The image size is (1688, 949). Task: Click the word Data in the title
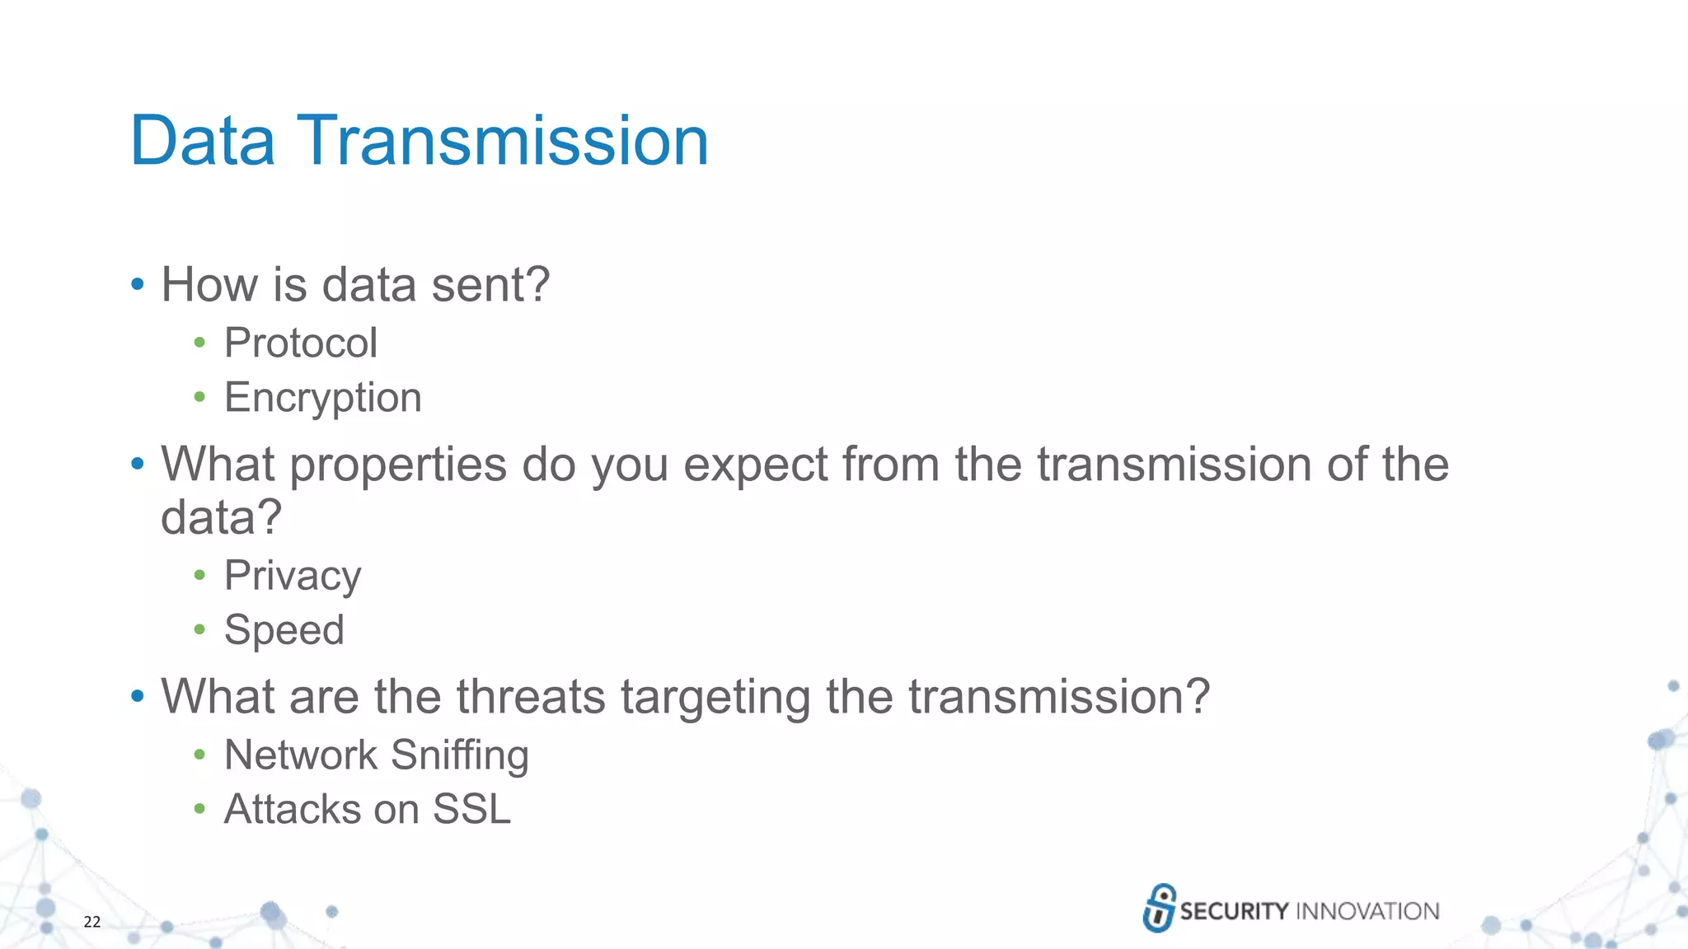[x=202, y=141]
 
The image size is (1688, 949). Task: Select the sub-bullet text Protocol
[x=301, y=343]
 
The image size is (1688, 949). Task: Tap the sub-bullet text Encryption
[x=322, y=398]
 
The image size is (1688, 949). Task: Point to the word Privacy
[x=293, y=576]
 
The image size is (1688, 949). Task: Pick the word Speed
[x=284, y=630]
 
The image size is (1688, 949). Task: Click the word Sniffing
[x=459, y=755]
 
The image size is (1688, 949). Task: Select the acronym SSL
[x=471, y=809]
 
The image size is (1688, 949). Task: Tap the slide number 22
[x=91, y=922]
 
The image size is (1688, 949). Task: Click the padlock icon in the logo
[x=1159, y=908]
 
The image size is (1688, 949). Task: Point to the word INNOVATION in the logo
[x=1367, y=911]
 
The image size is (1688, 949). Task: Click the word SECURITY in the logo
[x=1233, y=911]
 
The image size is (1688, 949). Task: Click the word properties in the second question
[x=397, y=465]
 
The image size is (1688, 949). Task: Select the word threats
[x=531, y=697]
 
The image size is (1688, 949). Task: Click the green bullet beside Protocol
[x=199, y=343]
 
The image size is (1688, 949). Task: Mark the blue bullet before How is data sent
[x=138, y=285]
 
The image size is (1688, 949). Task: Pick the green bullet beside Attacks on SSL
[x=199, y=809]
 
